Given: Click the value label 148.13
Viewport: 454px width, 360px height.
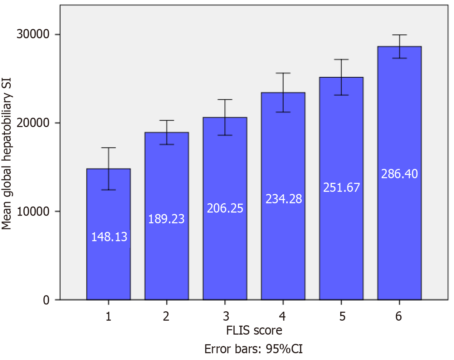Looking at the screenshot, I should (x=109, y=237).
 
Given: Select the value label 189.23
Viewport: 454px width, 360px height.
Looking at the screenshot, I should (x=166, y=219).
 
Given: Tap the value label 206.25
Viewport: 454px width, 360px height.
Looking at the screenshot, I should (x=225, y=208).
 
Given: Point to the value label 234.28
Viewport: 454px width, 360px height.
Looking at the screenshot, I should (x=284, y=199).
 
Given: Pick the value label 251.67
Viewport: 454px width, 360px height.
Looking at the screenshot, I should (x=341, y=188).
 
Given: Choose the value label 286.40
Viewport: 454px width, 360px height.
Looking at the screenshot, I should (x=399, y=174).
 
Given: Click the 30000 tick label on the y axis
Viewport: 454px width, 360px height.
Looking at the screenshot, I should (x=33, y=34).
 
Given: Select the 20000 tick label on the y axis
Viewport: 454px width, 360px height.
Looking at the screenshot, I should (x=33, y=123).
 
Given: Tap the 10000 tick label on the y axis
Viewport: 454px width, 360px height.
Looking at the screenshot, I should (x=33, y=211).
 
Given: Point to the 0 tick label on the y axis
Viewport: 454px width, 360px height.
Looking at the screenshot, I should (x=46, y=300).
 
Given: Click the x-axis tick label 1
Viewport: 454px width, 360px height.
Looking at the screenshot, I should (x=108, y=316).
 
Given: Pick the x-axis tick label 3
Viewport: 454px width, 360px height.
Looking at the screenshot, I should (x=226, y=316).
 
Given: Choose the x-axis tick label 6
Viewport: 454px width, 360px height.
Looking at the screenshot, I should (x=399, y=316).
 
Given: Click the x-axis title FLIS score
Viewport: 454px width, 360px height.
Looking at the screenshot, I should (x=254, y=330).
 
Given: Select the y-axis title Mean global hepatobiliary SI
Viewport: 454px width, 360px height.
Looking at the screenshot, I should (x=7, y=154).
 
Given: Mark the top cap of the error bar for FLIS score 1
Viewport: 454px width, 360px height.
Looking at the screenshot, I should (x=108, y=148).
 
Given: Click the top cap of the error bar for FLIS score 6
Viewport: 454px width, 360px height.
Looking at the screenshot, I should (x=399, y=35).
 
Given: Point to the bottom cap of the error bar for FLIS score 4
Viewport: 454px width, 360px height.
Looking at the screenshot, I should (x=283, y=112).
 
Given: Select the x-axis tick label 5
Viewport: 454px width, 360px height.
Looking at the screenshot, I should (x=342, y=316).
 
